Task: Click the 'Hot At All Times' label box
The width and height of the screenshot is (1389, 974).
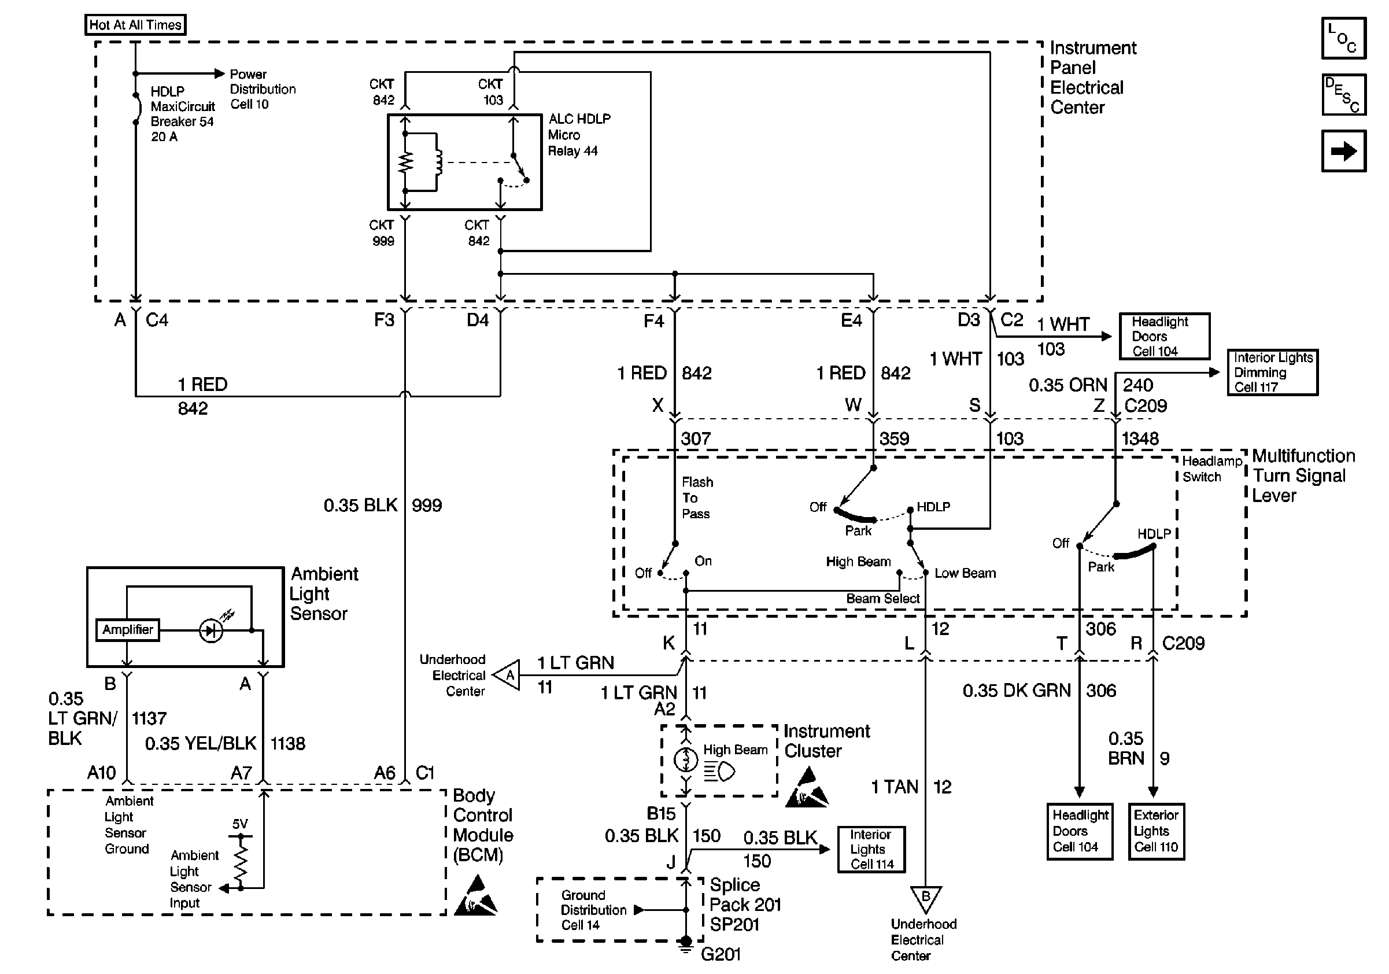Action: pos(135,25)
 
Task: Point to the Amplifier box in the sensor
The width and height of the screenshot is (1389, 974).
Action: pos(128,630)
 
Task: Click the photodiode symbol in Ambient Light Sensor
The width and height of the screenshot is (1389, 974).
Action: pos(211,631)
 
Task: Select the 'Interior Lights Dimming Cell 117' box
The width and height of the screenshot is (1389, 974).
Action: pos(1272,372)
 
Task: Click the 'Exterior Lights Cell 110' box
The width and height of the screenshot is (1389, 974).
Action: pos(1156,831)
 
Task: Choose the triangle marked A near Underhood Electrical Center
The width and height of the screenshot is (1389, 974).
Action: pos(508,674)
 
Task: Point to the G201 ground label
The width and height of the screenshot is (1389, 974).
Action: pos(721,954)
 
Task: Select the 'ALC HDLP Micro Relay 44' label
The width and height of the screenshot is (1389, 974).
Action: pos(579,135)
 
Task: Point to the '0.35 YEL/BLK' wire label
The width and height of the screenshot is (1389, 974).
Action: pos(200,743)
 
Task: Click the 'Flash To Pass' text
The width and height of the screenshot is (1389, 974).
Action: pos(697,498)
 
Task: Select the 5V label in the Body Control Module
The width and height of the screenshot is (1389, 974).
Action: pos(240,824)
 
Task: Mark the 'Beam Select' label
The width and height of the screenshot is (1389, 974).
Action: pos(882,598)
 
